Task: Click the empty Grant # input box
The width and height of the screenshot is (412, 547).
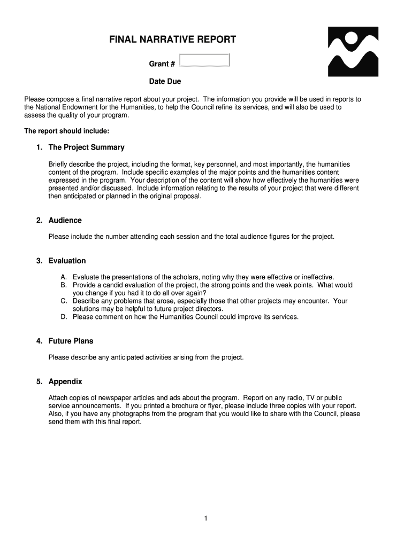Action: [x=204, y=60]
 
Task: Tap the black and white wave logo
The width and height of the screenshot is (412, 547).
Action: [x=353, y=52]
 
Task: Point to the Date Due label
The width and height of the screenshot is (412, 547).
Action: [x=165, y=82]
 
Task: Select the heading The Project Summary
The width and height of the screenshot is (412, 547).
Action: [x=86, y=147]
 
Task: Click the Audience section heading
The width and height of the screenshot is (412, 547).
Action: [x=65, y=220]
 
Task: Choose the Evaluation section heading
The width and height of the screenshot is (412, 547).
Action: [x=67, y=261]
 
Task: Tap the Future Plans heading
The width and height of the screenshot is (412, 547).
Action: [x=71, y=341]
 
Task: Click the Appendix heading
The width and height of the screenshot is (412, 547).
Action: [x=65, y=381]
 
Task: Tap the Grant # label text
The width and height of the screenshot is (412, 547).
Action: [x=162, y=64]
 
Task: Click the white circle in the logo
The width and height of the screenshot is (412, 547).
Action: [x=352, y=38]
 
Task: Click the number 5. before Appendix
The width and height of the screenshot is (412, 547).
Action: [x=39, y=381]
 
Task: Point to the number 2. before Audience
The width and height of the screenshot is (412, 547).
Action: [x=39, y=220]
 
